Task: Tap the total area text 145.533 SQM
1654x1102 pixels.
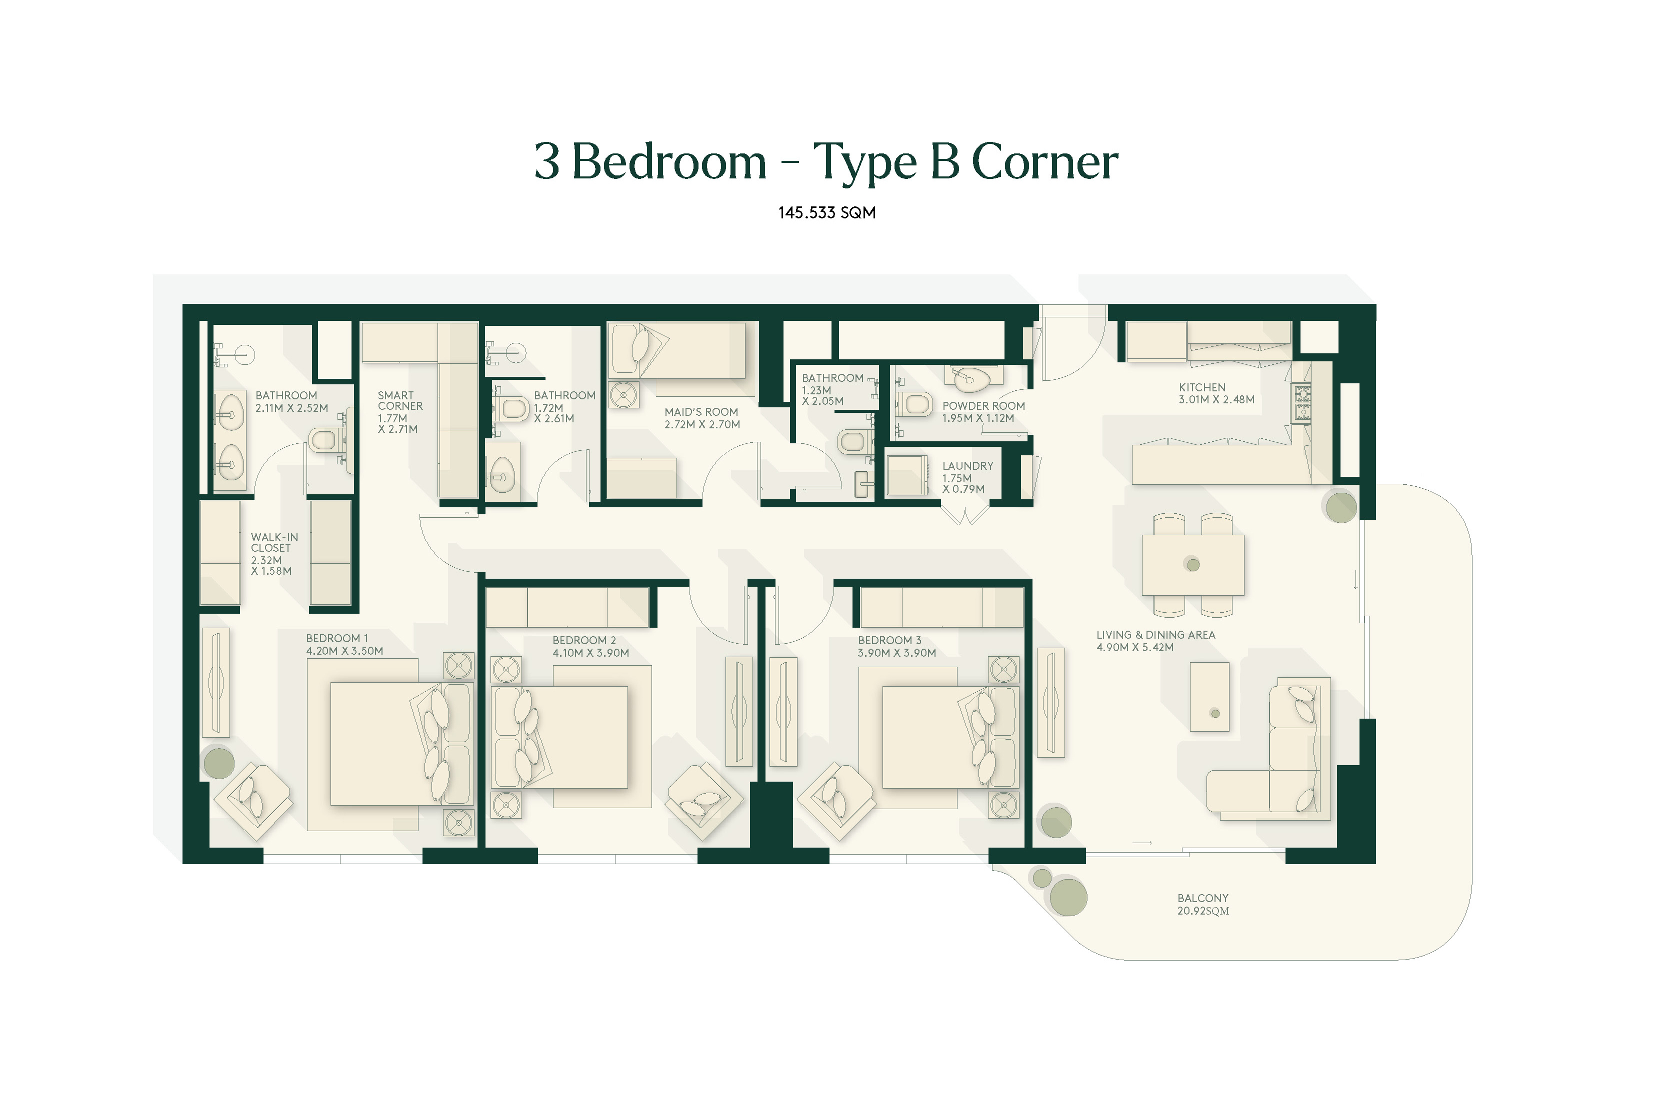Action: tap(826, 213)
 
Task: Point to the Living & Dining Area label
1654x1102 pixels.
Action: tap(1155, 641)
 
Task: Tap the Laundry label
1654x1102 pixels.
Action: tap(967, 477)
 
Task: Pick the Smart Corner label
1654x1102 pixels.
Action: tap(400, 412)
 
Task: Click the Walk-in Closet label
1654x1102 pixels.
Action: tap(274, 554)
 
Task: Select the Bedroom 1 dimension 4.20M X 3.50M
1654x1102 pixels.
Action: tap(344, 651)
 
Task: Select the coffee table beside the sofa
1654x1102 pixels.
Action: tap(1209, 697)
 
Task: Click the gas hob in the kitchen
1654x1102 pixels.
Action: tap(1302, 403)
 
